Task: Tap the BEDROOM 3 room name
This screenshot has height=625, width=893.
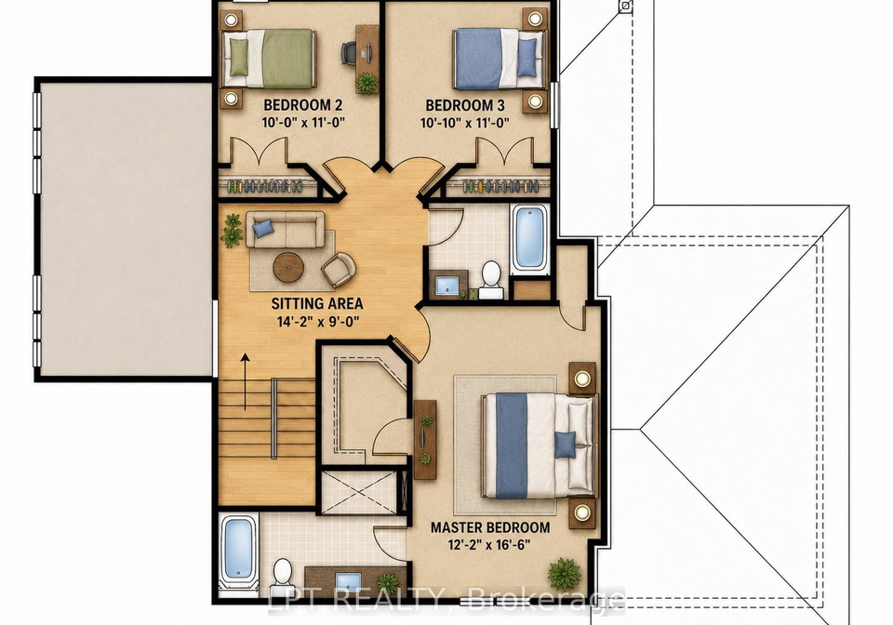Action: pos(465,105)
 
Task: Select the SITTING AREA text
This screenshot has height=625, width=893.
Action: pos(317,303)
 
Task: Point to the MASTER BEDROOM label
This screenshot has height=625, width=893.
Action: pos(490,527)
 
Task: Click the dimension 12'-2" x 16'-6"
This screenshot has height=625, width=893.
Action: pos(489,545)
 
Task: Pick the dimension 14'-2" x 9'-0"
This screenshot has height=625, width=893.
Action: pos(318,322)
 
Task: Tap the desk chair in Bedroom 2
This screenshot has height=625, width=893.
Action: pos(349,53)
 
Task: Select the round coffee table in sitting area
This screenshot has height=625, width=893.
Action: pos(288,267)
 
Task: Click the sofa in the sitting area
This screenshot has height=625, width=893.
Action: pos(286,229)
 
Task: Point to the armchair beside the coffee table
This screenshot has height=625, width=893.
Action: pos(339,269)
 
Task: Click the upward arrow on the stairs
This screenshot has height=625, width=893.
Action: pos(246,381)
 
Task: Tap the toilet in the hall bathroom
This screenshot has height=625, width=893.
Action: pos(491,280)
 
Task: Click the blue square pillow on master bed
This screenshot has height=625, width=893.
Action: pos(565,445)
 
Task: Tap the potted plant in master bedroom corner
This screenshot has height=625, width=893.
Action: pos(565,574)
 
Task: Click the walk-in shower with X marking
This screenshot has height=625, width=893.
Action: pos(359,493)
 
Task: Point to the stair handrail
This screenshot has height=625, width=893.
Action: pos(273,419)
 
